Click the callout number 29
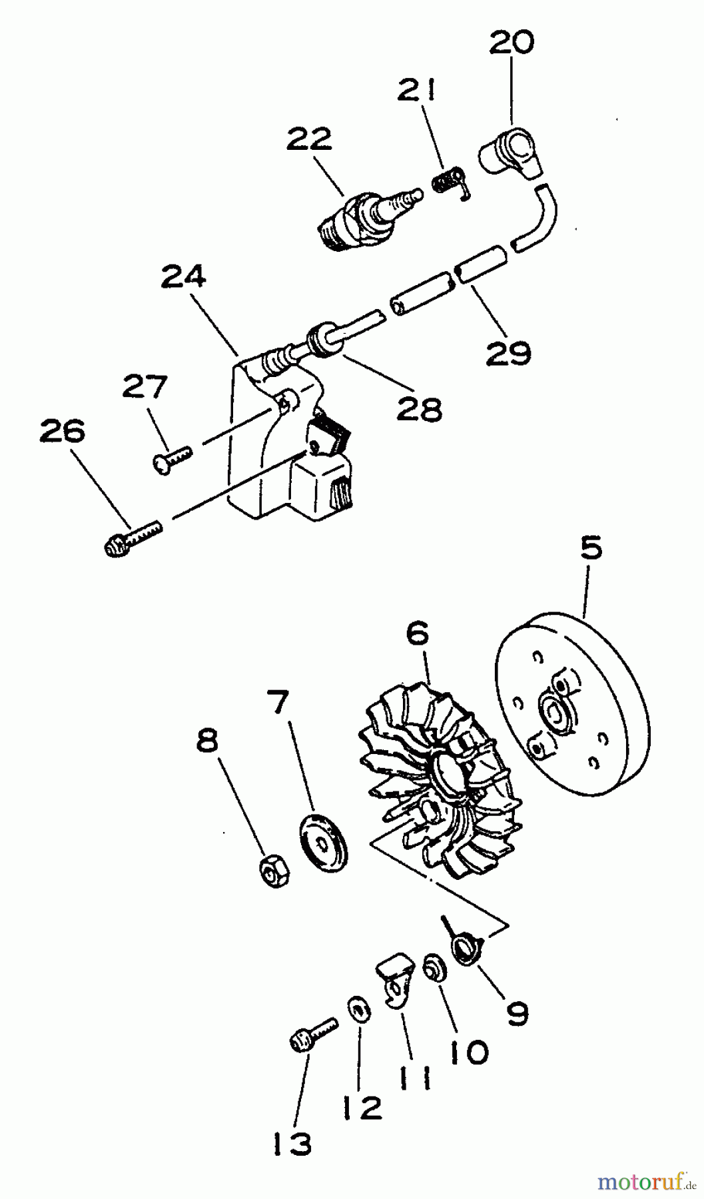click(x=508, y=354)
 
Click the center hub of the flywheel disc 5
click(x=554, y=711)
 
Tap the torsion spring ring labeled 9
click(x=467, y=947)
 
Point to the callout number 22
click(x=310, y=141)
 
